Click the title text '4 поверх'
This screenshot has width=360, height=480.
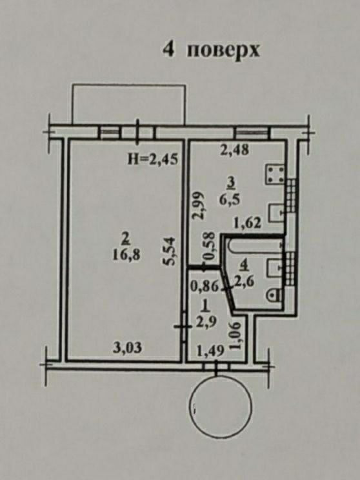point(211,50)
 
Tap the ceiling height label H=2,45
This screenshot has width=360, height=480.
point(152,160)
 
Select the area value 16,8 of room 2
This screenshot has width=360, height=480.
point(126,255)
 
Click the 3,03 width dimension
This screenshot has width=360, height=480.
point(127,348)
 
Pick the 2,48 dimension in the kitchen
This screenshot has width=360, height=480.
point(235,150)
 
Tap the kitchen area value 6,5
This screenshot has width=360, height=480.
point(230,200)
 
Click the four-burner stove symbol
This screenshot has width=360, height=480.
point(275,175)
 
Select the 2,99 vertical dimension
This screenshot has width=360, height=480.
point(199,205)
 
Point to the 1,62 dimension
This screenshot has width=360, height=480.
point(247,223)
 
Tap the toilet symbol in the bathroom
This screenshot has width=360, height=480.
point(274,295)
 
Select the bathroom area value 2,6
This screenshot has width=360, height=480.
point(244,281)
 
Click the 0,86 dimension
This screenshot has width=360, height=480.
point(204,287)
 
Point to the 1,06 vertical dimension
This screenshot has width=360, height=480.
point(236,336)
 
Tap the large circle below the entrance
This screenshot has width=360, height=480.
point(221,407)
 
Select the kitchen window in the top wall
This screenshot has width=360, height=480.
point(252,132)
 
